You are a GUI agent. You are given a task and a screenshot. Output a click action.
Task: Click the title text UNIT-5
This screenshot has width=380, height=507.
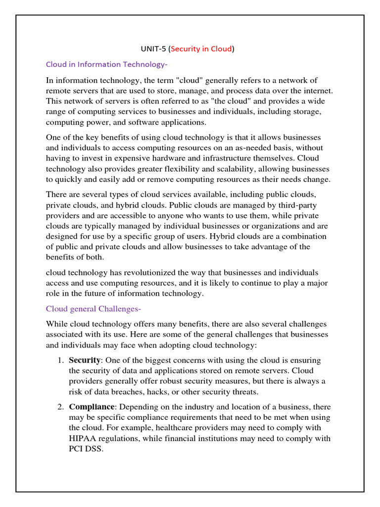[152, 49]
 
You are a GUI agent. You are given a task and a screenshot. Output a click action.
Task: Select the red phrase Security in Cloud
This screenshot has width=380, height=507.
[201, 49]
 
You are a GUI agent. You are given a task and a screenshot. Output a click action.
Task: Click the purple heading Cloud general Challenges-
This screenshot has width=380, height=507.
[94, 309]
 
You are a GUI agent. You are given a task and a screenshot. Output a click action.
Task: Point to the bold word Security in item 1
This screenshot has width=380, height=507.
[85, 360]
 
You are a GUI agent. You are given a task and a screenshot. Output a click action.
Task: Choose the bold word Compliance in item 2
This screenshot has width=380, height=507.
[92, 406]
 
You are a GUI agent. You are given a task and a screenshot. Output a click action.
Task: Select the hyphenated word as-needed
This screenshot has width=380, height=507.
[237, 148]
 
